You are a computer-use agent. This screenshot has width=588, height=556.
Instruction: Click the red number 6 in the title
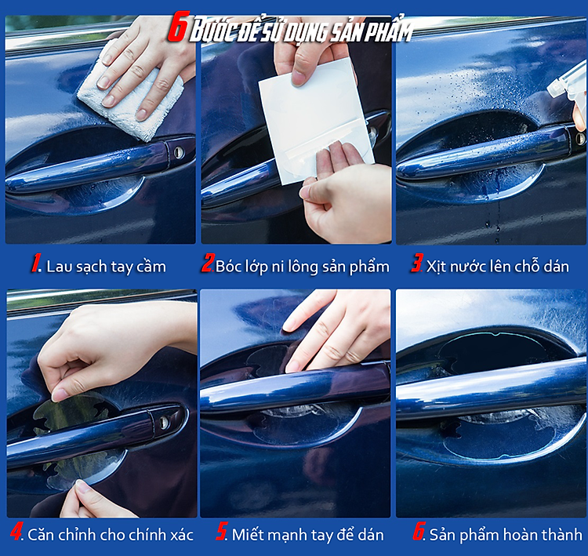(176, 27)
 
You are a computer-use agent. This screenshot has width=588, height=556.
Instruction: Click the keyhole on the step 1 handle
(178, 152)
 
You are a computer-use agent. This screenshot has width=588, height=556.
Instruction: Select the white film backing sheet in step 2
(316, 122)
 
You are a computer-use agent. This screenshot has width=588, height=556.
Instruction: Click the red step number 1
(36, 263)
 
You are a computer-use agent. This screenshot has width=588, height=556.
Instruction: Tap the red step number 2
(208, 263)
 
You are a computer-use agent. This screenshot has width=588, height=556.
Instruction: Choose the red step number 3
(417, 263)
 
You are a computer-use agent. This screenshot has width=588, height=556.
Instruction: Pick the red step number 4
(16, 531)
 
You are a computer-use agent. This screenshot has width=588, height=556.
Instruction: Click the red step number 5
(222, 531)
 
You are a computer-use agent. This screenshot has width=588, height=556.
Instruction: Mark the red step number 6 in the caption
(419, 531)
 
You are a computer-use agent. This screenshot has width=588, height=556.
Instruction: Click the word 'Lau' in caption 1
(57, 267)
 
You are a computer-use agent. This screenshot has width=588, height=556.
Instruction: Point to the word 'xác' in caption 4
(182, 534)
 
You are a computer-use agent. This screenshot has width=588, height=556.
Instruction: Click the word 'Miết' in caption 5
(245, 534)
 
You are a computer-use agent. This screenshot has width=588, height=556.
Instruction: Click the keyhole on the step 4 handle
(164, 423)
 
